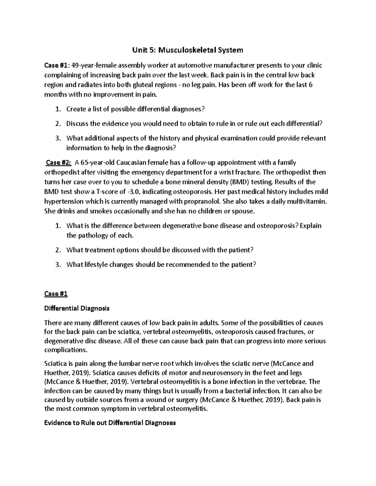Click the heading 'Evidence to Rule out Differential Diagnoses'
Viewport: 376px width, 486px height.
[110, 423]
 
